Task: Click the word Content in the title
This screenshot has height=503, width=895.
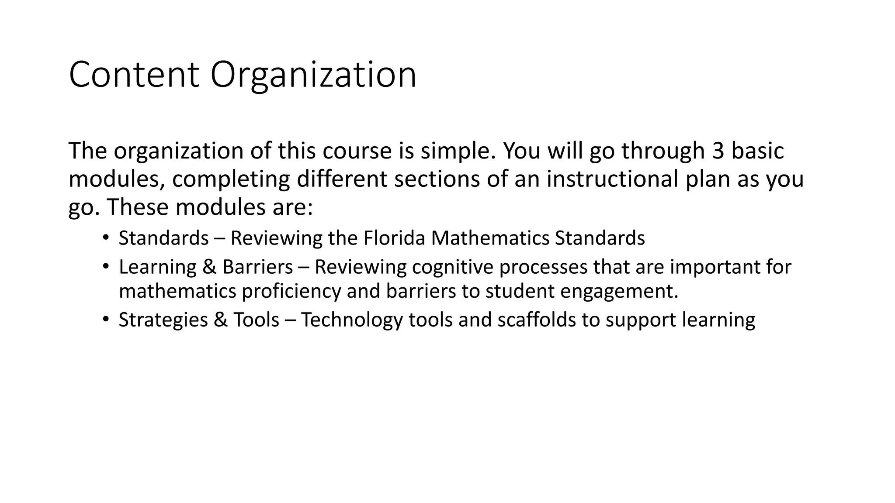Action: pos(134,75)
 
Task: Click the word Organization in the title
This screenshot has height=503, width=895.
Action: pos(313,75)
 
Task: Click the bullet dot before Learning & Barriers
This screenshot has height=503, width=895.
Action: pos(105,266)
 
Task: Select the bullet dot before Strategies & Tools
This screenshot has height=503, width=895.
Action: pos(105,319)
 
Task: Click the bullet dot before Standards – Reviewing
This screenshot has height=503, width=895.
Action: pos(105,238)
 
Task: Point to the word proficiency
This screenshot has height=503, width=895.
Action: pos(291,291)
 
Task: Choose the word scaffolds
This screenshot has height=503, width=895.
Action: pos(537,320)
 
